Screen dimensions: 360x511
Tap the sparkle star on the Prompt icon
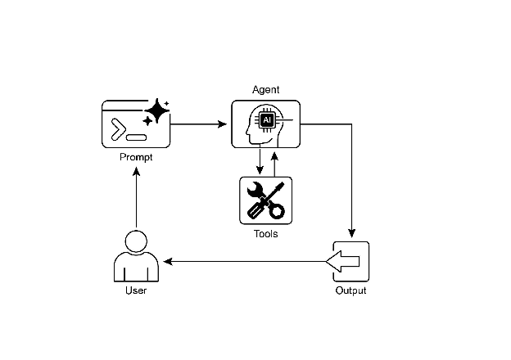[x=156, y=112]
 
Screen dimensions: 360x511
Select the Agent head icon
[x=265, y=124]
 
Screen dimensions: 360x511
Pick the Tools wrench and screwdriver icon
[x=265, y=200]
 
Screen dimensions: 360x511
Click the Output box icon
[x=350, y=262]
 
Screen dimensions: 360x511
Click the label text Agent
[x=265, y=89]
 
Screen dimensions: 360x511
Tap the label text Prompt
[x=136, y=156]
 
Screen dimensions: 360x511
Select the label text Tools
[x=265, y=234]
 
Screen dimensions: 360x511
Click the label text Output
[x=350, y=290]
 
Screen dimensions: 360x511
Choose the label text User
[x=136, y=290]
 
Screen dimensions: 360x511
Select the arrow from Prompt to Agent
[x=200, y=124]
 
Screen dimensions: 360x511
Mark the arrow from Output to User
[x=246, y=262]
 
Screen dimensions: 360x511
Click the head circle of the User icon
[x=136, y=241]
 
